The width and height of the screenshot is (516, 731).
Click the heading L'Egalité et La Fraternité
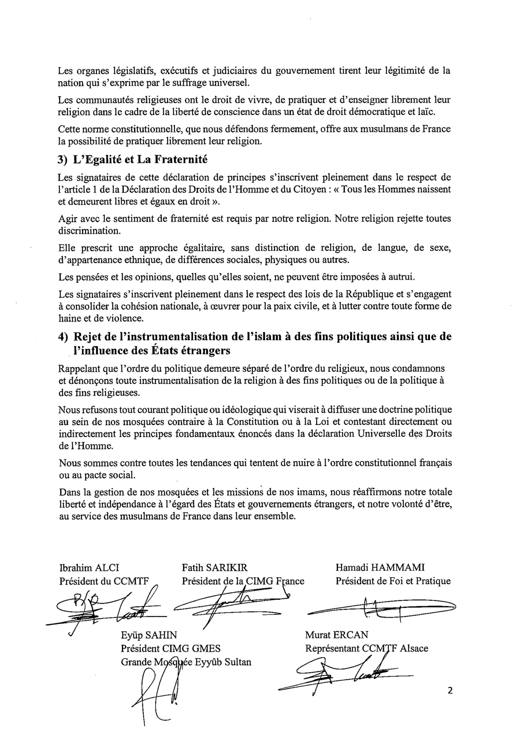point(140,160)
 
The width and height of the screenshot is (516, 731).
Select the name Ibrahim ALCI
point(89,568)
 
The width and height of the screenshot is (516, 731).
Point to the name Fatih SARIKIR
point(214,568)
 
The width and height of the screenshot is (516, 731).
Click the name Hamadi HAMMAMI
point(380,568)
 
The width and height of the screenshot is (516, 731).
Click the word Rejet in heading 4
point(87,337)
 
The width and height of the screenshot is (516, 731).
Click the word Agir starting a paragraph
point(66,218)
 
